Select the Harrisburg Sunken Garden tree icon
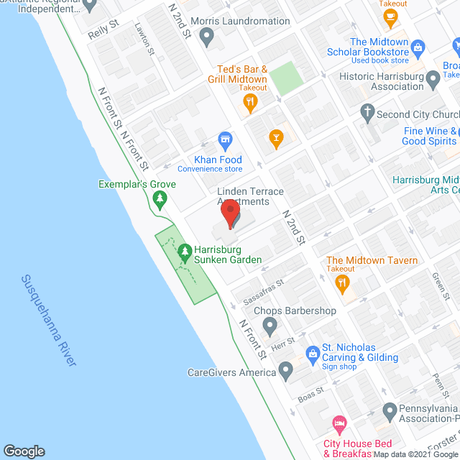click(x=185, y=252)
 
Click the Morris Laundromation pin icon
click(x=207, y=36)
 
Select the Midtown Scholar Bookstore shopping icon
click(x=419, y=48)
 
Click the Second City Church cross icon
click(x=367, y=111)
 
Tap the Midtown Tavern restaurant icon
click(x=343, y=283)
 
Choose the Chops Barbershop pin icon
click(x=270, y=327)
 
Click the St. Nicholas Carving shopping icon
click(x=313, y=353)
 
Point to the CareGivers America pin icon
click(x=286, y=372)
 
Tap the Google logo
click(x=24, y=451)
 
